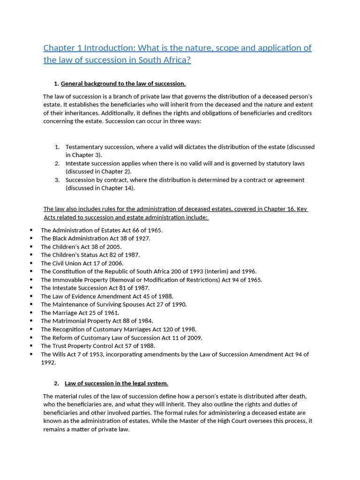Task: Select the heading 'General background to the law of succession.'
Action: coord(123,84)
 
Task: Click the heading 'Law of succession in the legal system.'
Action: coord(116,383)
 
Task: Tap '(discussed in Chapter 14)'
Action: coord(100,188)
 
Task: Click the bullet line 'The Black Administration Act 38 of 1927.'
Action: coord(96,239)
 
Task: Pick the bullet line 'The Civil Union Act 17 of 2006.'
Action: coord(82,263)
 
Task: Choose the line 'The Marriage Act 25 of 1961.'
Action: coord(80,313)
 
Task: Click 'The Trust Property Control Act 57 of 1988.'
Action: coord(98,346)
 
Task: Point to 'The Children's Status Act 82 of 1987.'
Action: coord(90,255)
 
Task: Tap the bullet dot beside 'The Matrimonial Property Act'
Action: coord(31,321)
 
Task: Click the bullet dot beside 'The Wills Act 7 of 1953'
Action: coord(31,354)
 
